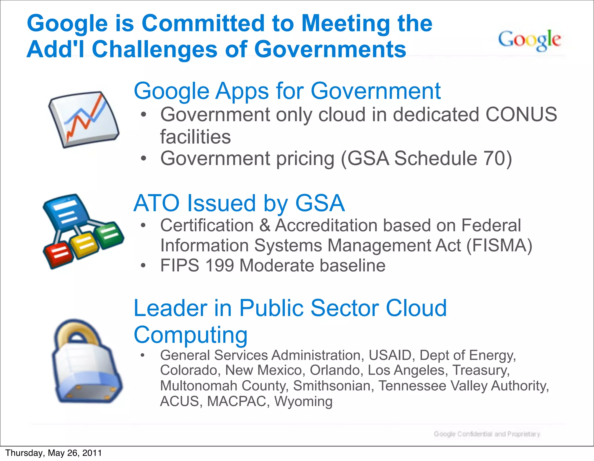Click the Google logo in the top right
[530, 40]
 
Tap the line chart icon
[84, 119]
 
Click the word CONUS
[521, 114]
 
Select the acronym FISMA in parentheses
[499, 245]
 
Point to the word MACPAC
[237, 401]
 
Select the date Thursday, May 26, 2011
[54, 453]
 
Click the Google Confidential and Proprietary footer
[487, 434]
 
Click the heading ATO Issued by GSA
[239, 203]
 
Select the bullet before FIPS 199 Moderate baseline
[143, 266]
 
